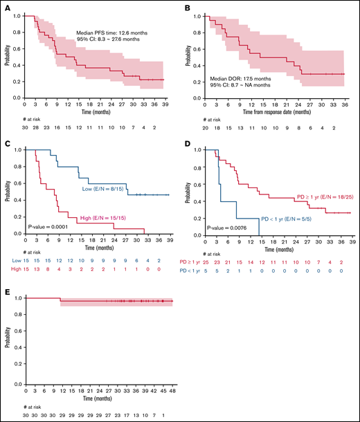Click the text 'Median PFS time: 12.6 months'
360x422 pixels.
pos(111,31)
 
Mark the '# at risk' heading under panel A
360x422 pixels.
pos(24,118)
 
